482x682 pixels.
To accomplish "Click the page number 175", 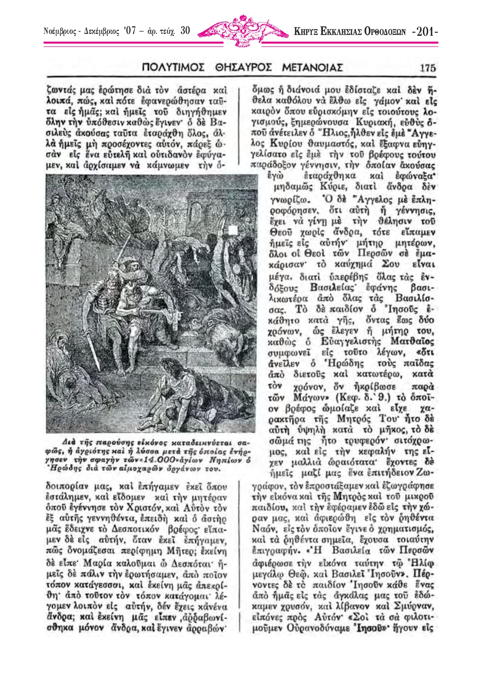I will click(x=428, y=68).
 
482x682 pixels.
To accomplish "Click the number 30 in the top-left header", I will click(x=185, y=31).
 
